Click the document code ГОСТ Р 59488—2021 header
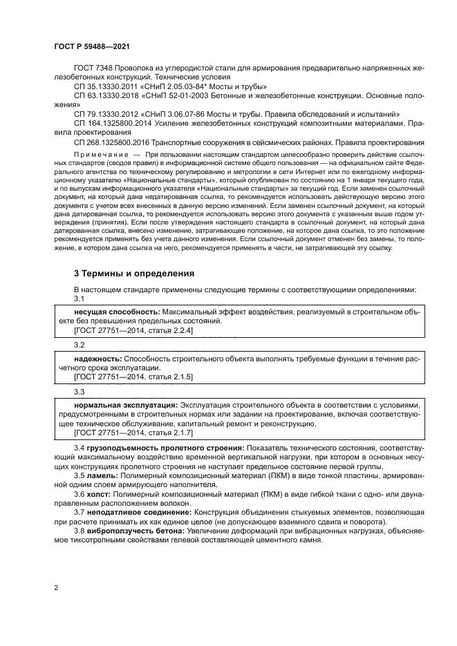[x=91, y=46]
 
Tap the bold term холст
[x=98, y=495]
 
